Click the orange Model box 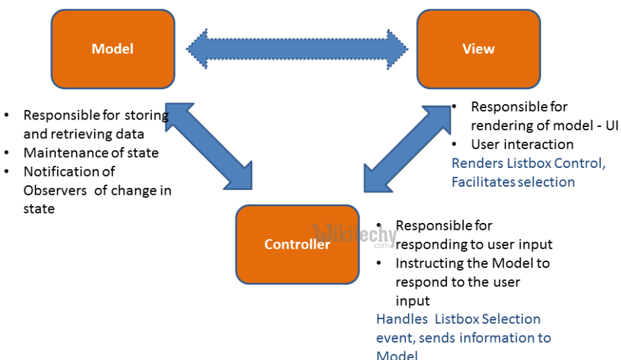coord(113,49)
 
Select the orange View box coord(478,49)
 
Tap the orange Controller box coord(297,244)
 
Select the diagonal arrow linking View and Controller coord(407,148)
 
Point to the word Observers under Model coord(55,191)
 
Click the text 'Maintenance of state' coord(91,153)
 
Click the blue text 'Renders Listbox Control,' coord(528,163)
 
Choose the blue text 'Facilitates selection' coord(513,182)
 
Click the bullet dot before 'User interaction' coord(455,144)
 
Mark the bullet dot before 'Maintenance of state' coord(7,153)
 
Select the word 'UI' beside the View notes coord(612,126)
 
